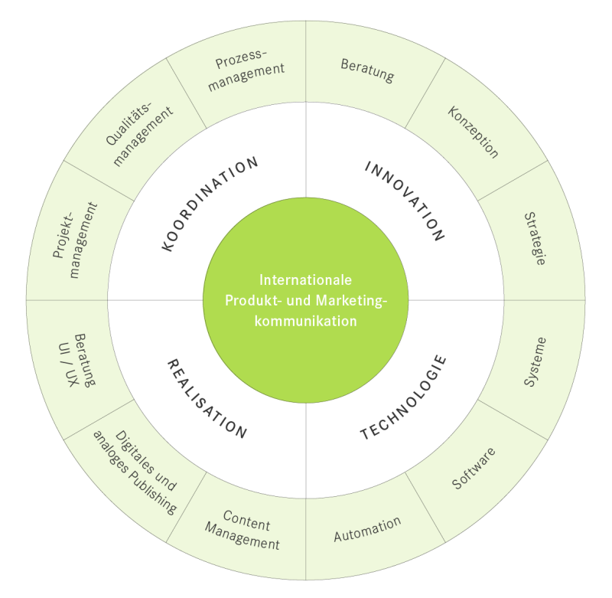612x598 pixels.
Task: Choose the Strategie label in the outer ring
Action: (x=535, y=238)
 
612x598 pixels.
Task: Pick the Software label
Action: (x=474, y=467)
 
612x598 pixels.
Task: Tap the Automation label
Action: (x=367, y=529)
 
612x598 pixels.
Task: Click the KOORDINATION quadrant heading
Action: (x=211, y=204)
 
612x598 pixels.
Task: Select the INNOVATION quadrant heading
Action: (x=404, y=201)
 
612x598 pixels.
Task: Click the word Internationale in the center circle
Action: (x=305, y=279)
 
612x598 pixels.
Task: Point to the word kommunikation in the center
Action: (x=306, y=321)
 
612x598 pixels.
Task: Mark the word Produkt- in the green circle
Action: (x=249, y=300)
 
